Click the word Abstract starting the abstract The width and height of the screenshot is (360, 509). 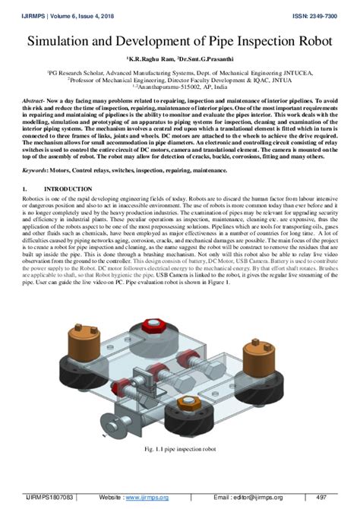click(x=36, y=101)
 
